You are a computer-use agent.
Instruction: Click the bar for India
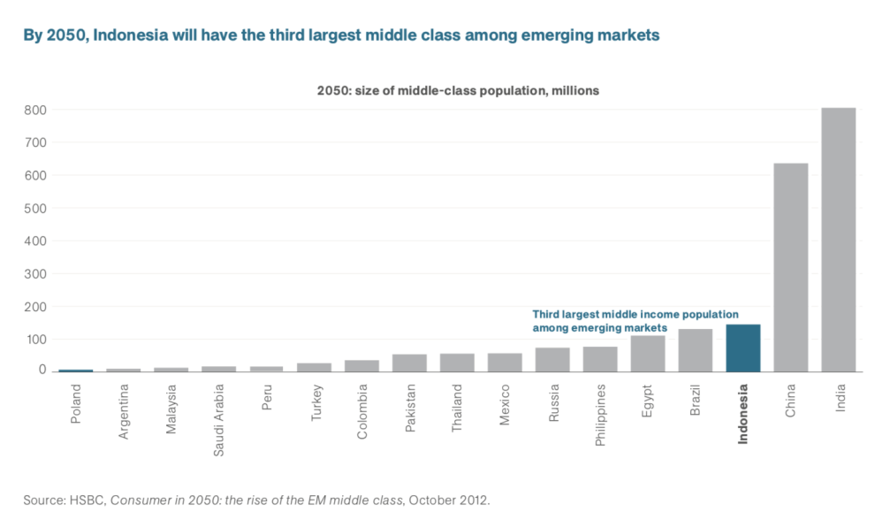(x=838, y=239)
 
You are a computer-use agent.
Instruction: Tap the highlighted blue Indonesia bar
(x=742, y=348)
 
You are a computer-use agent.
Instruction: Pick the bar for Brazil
(x=695, y=350)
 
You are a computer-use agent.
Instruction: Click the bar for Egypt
(x=647, y=354)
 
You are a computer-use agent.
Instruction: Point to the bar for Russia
(x=552, y=360)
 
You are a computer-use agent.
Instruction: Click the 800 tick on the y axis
(x=35, y=110)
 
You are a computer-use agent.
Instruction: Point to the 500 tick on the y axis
(x=35, y=208)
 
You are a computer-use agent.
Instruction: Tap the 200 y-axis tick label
(x=35, y=307)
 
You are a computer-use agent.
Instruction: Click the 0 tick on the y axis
(x=42, y=370)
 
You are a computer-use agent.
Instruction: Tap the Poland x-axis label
(x=76, y=402)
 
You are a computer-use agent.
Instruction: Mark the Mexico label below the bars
(x=505, y=404)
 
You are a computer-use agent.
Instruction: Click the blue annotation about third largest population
(x=635, y=321)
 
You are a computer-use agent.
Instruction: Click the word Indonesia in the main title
(x=130, y=35)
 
